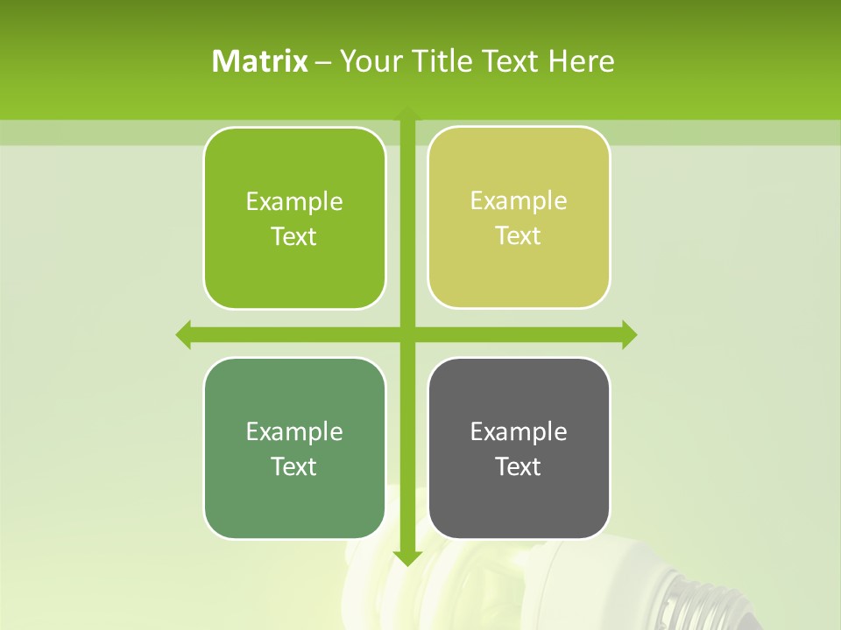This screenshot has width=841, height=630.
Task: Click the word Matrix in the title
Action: tap(260, 61)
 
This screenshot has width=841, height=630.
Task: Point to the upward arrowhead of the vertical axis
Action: tap(407, 113)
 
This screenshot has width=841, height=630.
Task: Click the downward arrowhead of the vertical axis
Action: tap(407, 558)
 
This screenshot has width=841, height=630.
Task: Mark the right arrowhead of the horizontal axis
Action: tap(629, 334)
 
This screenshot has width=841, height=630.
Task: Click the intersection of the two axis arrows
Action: tap(407, 334)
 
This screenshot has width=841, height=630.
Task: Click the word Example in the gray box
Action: tap(519, 431)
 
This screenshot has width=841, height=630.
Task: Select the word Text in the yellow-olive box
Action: tap(519, 236)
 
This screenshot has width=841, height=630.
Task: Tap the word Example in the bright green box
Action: tap(294, 202)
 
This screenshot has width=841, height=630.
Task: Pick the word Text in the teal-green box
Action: tap(294, 466)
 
